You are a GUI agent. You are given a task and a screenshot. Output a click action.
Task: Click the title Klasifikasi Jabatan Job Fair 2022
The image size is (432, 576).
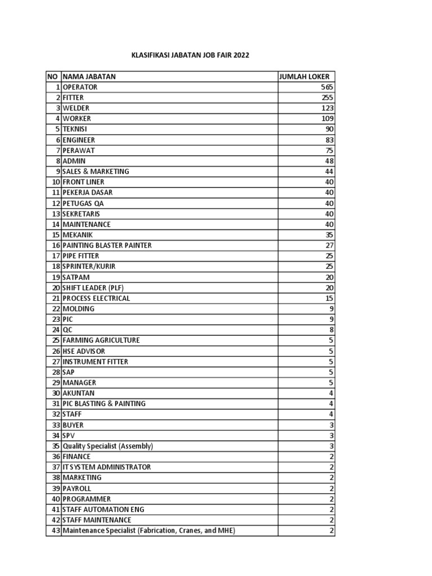point(190,56)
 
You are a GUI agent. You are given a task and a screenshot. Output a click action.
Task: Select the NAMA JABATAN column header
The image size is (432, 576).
point(89,76)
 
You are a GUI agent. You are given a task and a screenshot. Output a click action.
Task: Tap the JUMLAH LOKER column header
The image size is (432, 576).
point(304,76)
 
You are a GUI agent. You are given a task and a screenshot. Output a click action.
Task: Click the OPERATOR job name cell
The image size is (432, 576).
point(80,87)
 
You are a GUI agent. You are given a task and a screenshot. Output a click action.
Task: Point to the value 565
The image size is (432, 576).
point(327,87)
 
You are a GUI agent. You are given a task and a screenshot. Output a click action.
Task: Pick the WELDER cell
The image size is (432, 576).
point(76,108)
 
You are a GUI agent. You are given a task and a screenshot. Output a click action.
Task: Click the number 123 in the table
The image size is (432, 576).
point(327,108)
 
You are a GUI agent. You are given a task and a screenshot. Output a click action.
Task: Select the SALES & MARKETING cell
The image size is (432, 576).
point(96,171)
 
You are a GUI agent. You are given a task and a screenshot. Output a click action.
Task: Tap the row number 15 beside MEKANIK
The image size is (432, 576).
point(56,235)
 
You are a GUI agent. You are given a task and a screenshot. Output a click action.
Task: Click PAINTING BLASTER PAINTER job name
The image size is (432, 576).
point(107,245)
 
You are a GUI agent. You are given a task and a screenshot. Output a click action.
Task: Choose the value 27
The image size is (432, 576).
point(330,245)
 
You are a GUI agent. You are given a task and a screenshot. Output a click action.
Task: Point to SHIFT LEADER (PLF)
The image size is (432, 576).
point(93,287)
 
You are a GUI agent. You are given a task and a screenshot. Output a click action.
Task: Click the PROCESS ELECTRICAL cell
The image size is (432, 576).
point(96,298)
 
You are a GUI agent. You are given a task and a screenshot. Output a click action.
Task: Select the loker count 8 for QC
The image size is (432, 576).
point(331,330)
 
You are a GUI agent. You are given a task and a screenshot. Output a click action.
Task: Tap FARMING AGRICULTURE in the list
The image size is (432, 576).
point(101,340)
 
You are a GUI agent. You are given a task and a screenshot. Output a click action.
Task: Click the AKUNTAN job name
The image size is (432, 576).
point(79,393)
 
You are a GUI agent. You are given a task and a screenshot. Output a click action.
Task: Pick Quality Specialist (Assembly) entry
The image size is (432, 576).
point(108,446)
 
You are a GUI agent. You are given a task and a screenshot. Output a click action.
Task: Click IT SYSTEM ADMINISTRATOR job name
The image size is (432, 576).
point(107,467)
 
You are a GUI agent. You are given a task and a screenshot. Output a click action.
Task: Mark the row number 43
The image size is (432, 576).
point(56,530)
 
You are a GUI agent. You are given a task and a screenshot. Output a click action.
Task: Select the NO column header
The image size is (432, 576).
point(53,76)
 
